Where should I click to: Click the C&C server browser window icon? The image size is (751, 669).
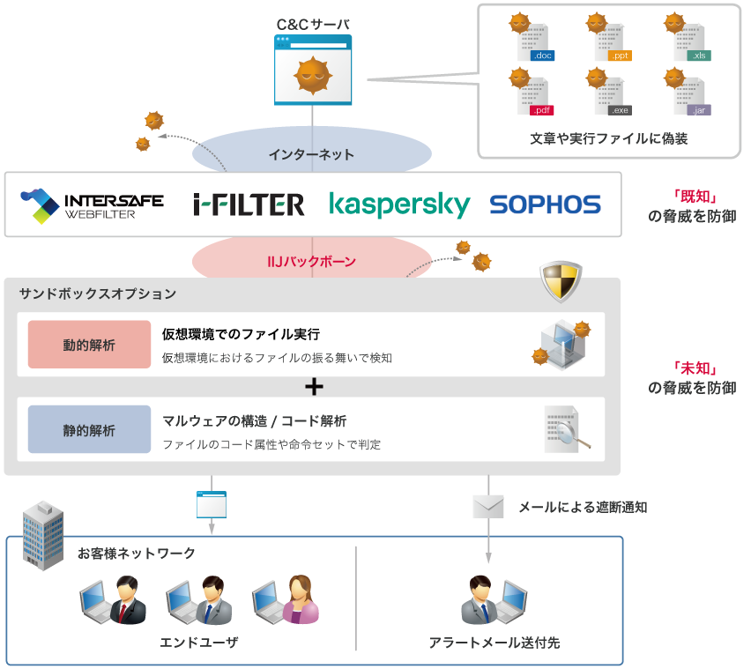[312, 70]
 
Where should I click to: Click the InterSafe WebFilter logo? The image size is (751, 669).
[92, 204]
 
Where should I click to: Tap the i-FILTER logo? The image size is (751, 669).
[249, 204]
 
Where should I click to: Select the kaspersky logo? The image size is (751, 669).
[399, 204]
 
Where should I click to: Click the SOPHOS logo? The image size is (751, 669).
[545, 204]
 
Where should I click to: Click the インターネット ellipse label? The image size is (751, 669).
[312, 154]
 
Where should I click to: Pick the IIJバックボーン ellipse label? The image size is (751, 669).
[312, 262]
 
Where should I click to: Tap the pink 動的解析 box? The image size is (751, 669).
[89, 345]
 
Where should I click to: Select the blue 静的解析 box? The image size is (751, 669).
[89, 429]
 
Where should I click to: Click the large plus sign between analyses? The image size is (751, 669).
[314, 387]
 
